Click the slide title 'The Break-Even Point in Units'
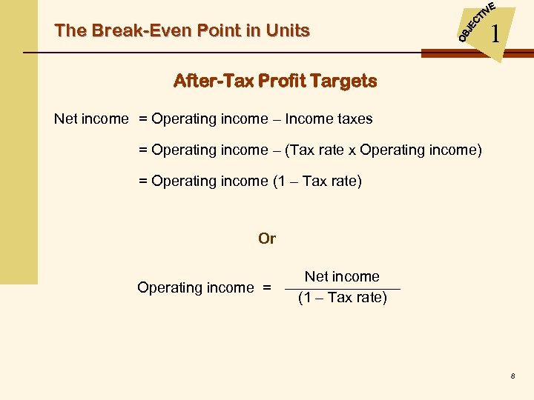click(182, 31)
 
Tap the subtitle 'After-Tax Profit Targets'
click(274, 81)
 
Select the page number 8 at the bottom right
click(512, 377)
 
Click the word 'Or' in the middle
click(267, 239)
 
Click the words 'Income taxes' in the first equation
click(329, 119)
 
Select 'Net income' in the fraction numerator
click(342, 276)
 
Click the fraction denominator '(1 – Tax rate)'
click(342, 298)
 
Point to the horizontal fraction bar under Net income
click(342, 288)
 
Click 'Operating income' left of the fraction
click(195, 287)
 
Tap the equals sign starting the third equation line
click(143, 181)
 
